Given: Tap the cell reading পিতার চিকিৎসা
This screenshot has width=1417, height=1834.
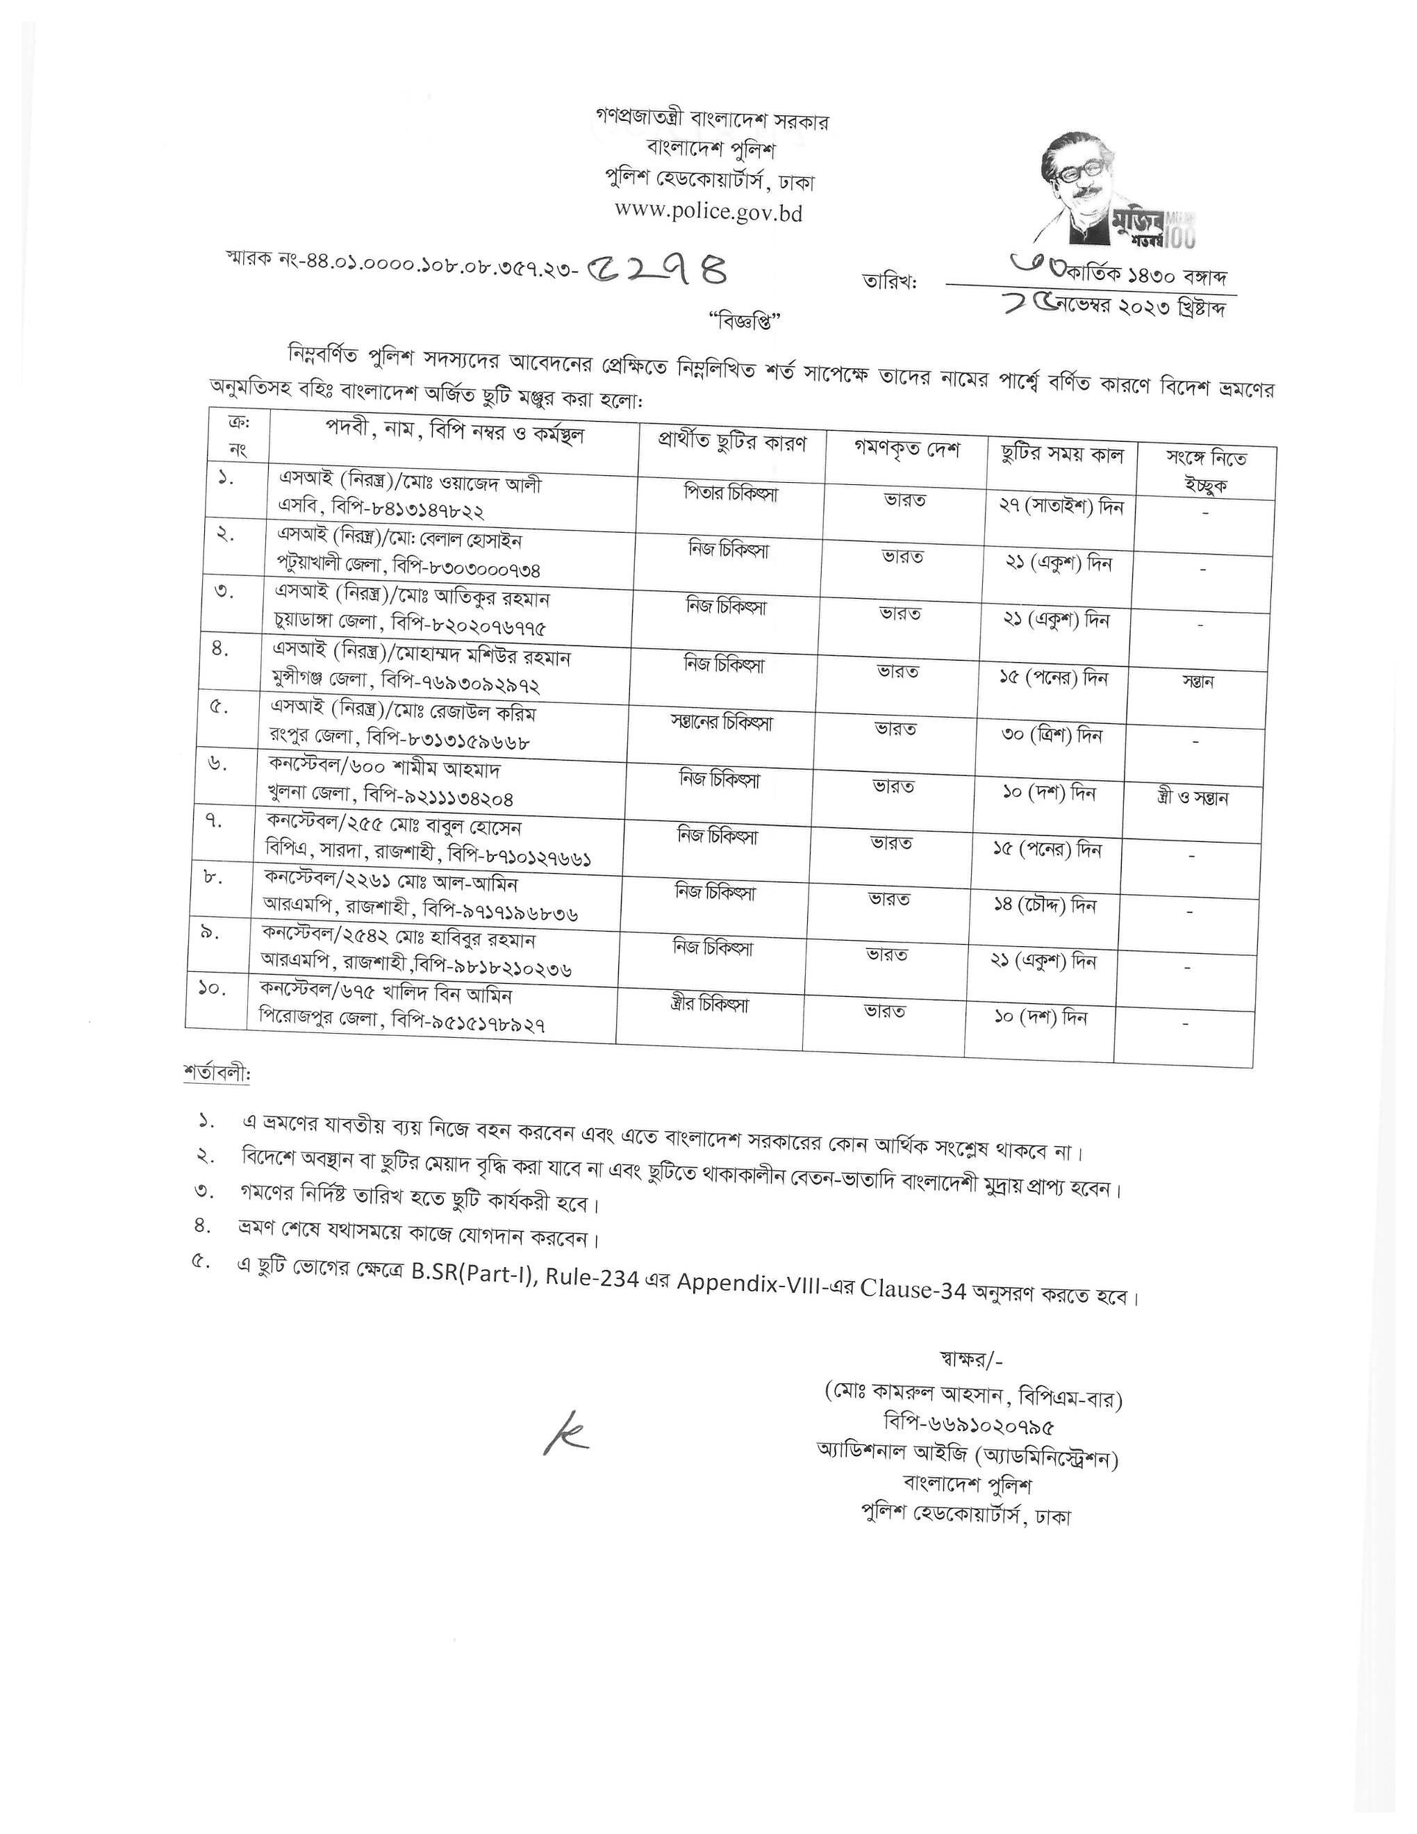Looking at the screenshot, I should click(x=730, y=494).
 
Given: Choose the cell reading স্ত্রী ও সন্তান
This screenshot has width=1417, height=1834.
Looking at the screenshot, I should click(x=1191, y=798).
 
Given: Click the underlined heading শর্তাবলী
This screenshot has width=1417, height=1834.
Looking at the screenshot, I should click(x=217, y=1073).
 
